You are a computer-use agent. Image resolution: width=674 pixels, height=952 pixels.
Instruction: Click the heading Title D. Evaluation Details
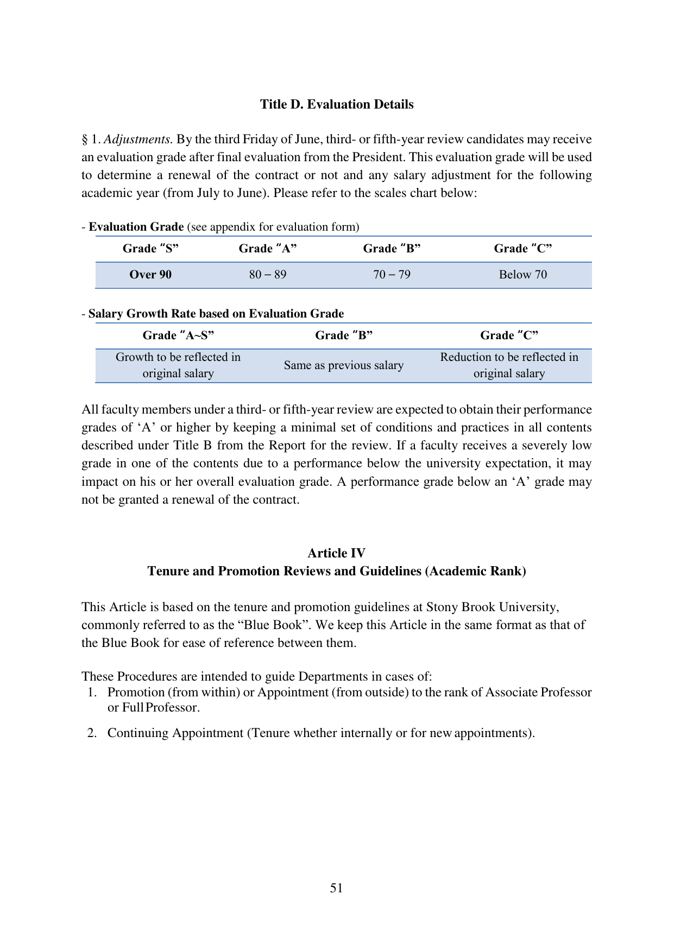(336, 104)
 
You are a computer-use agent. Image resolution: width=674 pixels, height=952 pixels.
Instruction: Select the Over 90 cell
(150, 275)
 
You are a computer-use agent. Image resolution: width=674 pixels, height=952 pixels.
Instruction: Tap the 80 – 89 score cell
(268, 275)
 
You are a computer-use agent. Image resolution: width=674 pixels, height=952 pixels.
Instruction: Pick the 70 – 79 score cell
(392, 275)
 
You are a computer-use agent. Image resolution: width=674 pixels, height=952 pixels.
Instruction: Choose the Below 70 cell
(522, 275)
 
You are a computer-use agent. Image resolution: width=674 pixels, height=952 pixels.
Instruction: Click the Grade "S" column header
(150, 249)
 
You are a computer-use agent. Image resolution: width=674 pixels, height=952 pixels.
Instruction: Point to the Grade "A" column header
(268, 249)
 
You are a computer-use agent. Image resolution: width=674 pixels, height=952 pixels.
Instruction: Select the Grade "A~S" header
(178, 335)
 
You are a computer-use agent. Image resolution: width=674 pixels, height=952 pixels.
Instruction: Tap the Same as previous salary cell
(343, 365)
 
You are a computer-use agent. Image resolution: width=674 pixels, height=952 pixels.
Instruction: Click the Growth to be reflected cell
(178, 365)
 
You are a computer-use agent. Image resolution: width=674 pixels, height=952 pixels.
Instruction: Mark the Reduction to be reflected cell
(509, 365)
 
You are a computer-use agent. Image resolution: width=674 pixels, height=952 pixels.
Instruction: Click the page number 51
(336, 888)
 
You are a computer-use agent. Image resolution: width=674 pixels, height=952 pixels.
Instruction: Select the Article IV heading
(336, 553)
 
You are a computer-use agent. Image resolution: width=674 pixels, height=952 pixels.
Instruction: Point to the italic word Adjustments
(138, 139)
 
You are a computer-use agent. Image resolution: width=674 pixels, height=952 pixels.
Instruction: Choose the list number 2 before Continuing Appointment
(92, 733)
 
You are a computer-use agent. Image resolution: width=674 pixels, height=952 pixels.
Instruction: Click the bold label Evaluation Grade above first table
(136, 227)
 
